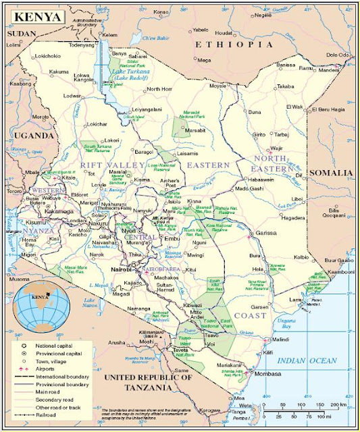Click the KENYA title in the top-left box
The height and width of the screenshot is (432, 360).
tap(38, 16)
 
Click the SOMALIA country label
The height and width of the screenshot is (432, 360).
tap(330, 173)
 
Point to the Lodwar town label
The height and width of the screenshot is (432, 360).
tap(72, 97)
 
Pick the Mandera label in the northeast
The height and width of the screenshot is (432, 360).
tap(330, 69)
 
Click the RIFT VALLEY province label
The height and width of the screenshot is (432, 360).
tap(111, 164)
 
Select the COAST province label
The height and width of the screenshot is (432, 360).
tap(249, 315)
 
